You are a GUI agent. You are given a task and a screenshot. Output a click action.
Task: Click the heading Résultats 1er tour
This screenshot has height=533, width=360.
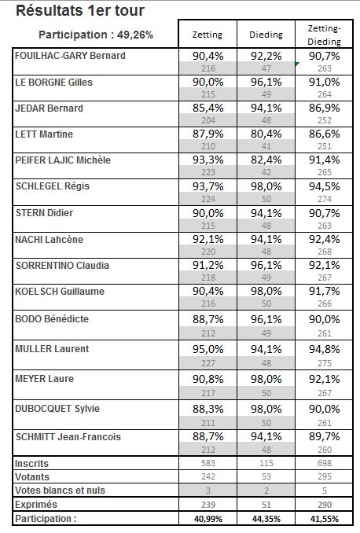point(80,10)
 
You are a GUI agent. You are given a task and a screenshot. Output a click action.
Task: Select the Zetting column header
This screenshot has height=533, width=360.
point(208,35)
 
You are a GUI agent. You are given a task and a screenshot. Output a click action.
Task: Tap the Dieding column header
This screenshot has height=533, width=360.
point(266,35)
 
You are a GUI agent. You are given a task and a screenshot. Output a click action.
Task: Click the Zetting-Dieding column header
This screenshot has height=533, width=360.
point(325,35)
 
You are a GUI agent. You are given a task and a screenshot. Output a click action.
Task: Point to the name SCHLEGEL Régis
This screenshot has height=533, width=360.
point(53,186)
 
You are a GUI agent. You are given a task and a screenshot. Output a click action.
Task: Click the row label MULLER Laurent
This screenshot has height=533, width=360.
point(52,349)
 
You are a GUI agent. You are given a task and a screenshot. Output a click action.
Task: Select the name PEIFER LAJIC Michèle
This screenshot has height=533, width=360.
point(63,160)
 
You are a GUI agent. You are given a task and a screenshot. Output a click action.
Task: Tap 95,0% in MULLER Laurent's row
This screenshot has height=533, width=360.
point(208,350)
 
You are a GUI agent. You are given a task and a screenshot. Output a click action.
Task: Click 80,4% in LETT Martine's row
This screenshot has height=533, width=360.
point(266,134)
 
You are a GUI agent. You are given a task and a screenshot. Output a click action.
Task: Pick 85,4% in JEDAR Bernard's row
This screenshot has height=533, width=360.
point(208,108)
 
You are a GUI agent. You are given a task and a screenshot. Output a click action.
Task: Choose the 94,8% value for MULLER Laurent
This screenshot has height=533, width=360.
point(325,350)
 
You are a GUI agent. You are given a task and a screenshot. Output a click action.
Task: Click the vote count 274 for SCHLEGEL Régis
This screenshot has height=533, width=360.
point(325,199)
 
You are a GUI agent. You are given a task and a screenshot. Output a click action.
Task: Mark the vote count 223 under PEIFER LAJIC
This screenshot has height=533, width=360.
point(208,172)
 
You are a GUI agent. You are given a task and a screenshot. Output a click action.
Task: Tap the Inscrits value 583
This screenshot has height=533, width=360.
point(208,463)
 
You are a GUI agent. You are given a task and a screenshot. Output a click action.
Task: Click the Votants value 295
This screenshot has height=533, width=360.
point(325,476)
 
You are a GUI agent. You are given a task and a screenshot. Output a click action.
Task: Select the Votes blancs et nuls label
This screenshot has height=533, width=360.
point(61,491)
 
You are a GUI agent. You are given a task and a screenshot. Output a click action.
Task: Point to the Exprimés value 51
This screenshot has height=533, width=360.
point(266,505)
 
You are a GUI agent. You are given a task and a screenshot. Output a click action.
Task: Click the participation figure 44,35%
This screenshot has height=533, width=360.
point(266,519)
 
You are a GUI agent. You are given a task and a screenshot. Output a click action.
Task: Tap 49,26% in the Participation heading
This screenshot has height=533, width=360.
point(135,35)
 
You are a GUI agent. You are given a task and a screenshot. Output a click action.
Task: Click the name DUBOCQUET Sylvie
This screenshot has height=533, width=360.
point(57,409)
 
